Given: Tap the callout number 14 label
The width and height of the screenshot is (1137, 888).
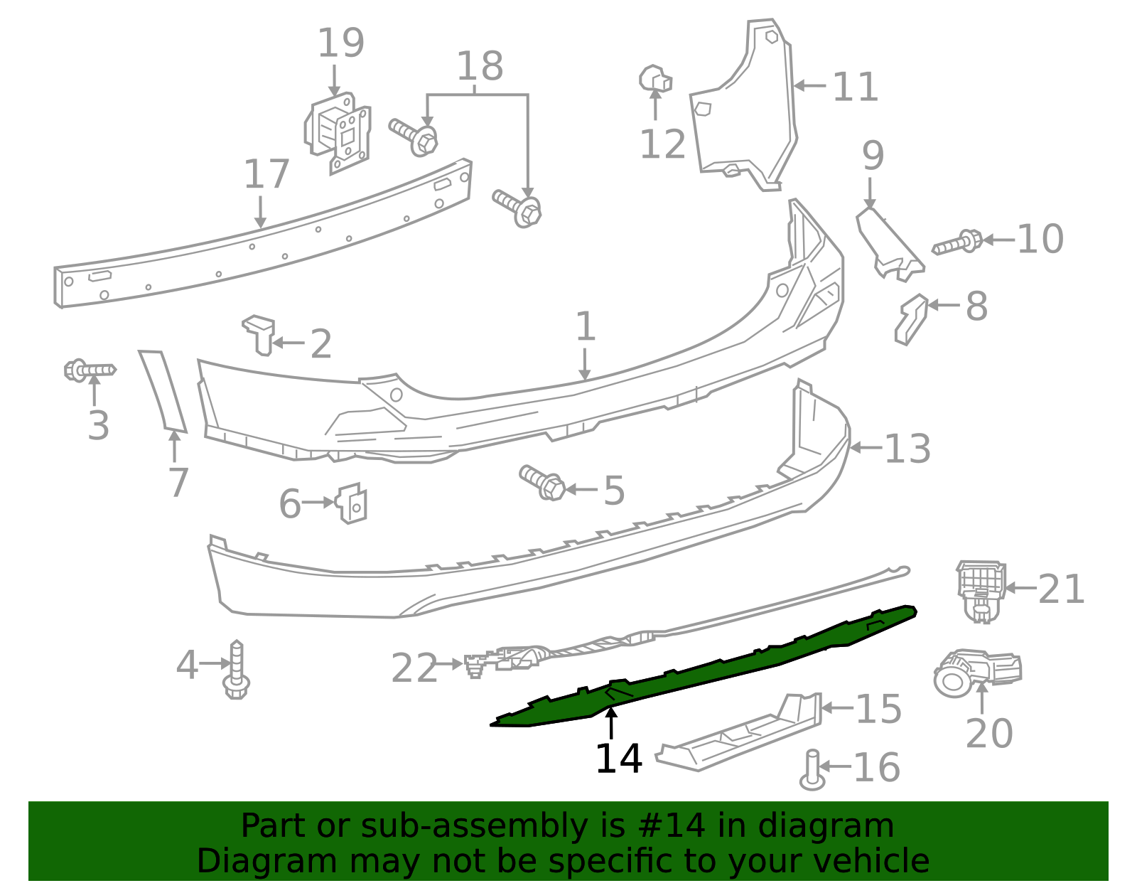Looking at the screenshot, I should point(618,759).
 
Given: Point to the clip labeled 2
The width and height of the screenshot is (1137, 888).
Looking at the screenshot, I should point(260,333).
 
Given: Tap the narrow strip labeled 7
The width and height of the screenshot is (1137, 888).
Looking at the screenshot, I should point(163,390).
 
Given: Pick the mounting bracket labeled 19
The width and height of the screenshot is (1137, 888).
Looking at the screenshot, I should point(339,133).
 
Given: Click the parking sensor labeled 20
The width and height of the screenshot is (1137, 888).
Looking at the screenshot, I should point(977,670).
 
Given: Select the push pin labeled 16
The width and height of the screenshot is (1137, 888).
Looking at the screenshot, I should point(812,771).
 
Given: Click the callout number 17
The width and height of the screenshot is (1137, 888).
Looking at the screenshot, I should point(266,175).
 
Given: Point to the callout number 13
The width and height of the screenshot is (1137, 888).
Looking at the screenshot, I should point(907,449).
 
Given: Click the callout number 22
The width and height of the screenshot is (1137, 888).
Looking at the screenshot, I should point(414,669).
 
